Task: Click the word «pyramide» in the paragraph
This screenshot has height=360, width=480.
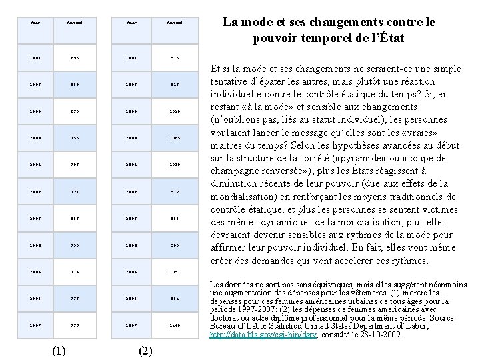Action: coord(362,157)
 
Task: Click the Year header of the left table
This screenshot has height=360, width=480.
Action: coord(35,22)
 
